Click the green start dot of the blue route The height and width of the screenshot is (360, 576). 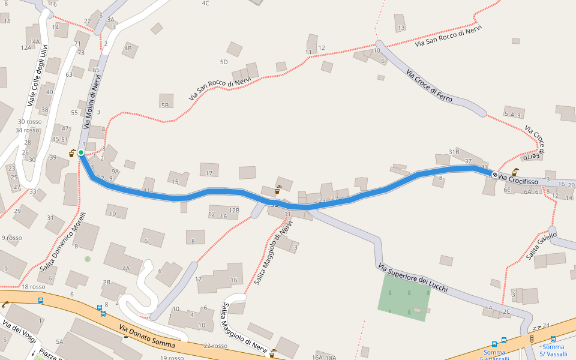coord(81,152)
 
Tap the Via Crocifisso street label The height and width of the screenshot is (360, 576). coord(518,179)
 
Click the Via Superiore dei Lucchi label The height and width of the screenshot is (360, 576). coord(413,278)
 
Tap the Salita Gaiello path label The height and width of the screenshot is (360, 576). coord(541,246)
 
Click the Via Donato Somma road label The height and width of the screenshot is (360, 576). coord(147,337)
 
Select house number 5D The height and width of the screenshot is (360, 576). coord(224,62)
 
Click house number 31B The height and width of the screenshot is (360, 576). coord(454,151)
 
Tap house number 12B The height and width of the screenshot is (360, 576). coord(234,210)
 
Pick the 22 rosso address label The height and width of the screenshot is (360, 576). coord(215,346)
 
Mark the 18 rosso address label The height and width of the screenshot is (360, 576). coord(34,287)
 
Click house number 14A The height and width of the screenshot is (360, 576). coord(34,41)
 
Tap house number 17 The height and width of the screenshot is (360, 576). coord(209,173)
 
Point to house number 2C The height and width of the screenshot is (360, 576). coord(506,311)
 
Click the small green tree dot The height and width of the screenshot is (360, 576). coord(88,259)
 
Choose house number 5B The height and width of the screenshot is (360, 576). coord(165,106)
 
